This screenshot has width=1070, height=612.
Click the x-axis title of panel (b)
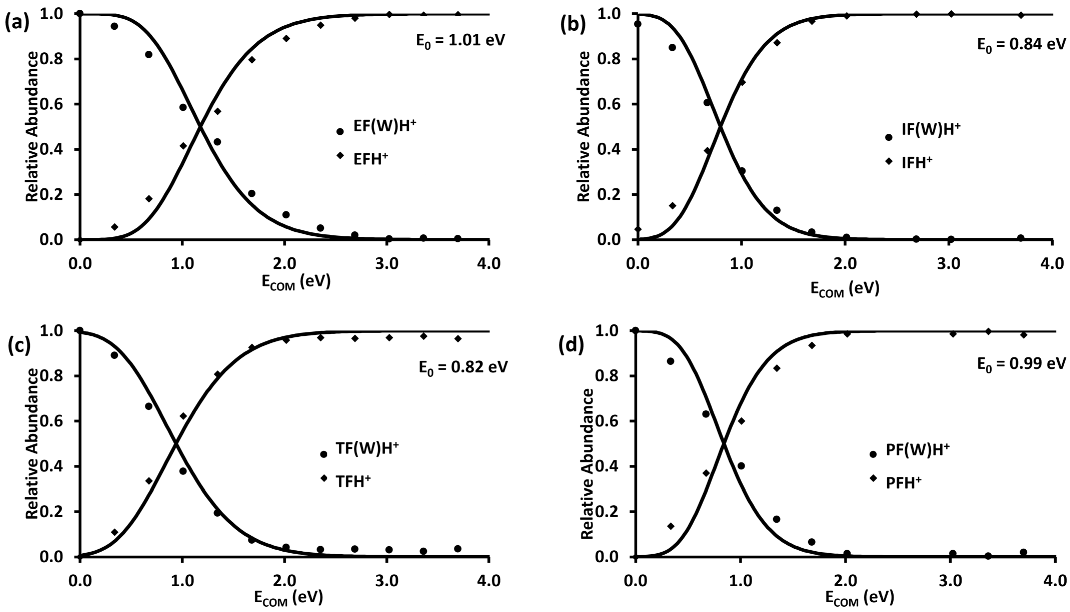(845, 289)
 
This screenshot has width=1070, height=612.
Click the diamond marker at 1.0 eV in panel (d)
(741, 421)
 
